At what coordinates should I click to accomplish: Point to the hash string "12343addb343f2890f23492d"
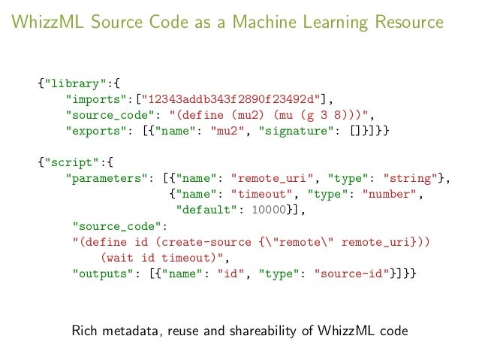click(235, 98)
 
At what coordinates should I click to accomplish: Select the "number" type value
click(385, 194)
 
